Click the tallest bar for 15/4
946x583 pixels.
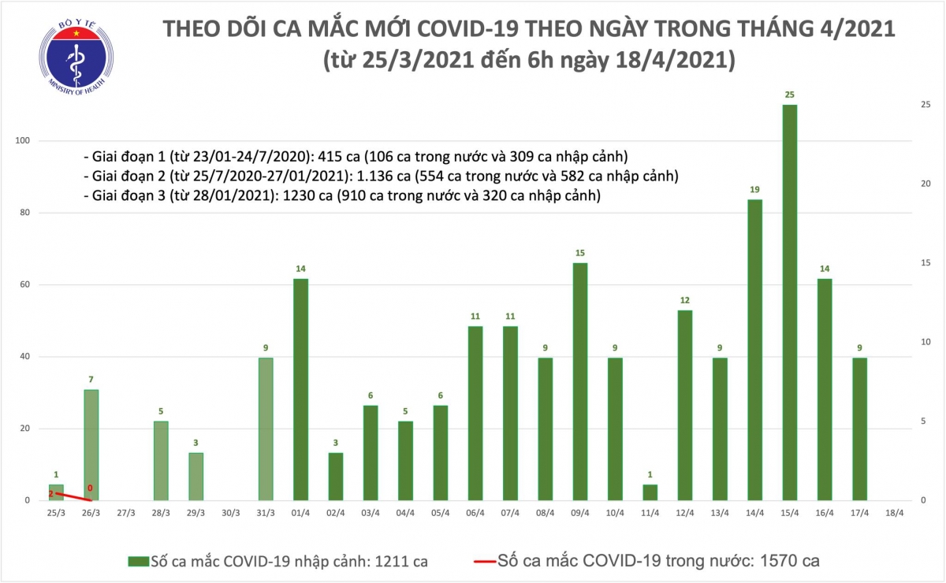790,303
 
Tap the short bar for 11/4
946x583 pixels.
650,492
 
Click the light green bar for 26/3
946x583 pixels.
91,445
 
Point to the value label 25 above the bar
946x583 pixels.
790,95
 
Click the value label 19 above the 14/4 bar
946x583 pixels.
754,190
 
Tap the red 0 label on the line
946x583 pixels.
91,488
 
